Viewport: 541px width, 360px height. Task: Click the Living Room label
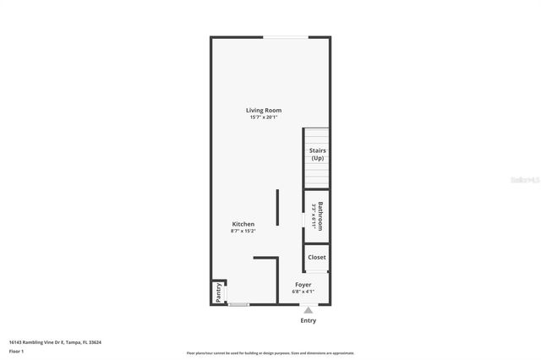(264, 111)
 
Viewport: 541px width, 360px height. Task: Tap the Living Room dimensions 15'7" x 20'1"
(264, 117)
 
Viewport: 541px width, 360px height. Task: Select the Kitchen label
(243, 224)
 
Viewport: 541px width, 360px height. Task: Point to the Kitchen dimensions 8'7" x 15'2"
(243, 231)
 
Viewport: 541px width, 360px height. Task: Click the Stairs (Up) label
(317, 155)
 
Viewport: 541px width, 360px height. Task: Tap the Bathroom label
(321, 215)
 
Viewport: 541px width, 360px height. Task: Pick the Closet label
(317, 257)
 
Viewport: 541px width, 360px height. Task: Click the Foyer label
(303, 285)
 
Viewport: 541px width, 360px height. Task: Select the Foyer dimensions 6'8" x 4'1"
(303, 292)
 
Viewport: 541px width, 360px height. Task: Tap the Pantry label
(218, 292)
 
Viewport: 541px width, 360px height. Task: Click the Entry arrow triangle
(309, 311)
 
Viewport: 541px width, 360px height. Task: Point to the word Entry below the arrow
(309, 321)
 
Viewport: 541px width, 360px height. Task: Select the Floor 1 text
(16, 351)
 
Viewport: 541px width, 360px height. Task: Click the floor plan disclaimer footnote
(270, 353)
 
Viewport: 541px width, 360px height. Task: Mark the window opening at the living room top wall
(286, 37)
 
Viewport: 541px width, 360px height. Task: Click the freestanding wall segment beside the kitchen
(277, 207)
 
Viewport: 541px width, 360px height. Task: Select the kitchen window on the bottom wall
(239, 304)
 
